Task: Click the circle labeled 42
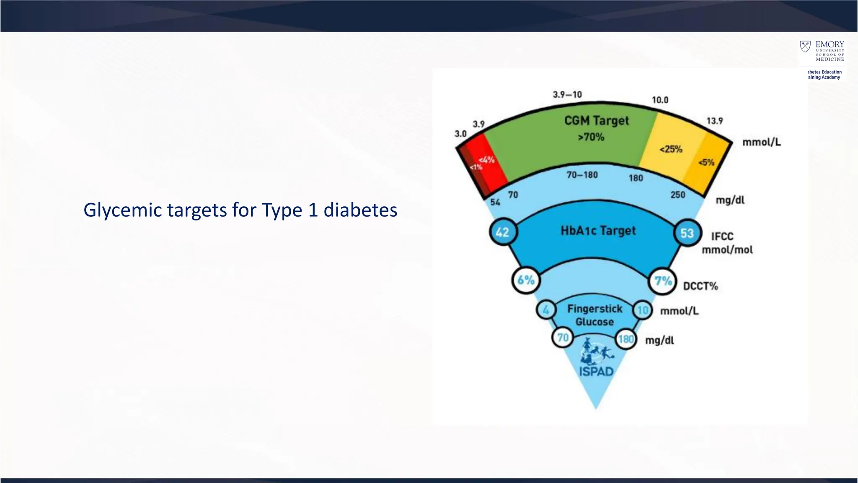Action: [503, 232]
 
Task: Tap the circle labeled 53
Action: [687, 233]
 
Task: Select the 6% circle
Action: [526, 280]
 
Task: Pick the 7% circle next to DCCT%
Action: [663, 281]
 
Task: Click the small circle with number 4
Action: [546, 310]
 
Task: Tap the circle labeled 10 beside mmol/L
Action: [643, 311]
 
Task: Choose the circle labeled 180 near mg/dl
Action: [625, 339]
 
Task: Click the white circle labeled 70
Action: [563, 338]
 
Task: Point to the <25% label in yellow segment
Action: [671, 149]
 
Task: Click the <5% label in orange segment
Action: [706, 162]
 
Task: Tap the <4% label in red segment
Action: [486, 160]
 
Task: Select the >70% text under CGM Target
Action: [591, 137]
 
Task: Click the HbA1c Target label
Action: [598, 231]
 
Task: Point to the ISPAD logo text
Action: [596, 371]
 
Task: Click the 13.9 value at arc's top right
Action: [714, 121]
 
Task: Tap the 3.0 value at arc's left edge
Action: [460, 134]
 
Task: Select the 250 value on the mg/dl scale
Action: [677, 195]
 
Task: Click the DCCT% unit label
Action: [700, 286]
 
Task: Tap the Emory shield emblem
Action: [805, 46]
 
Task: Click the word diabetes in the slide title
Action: [360, 210]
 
